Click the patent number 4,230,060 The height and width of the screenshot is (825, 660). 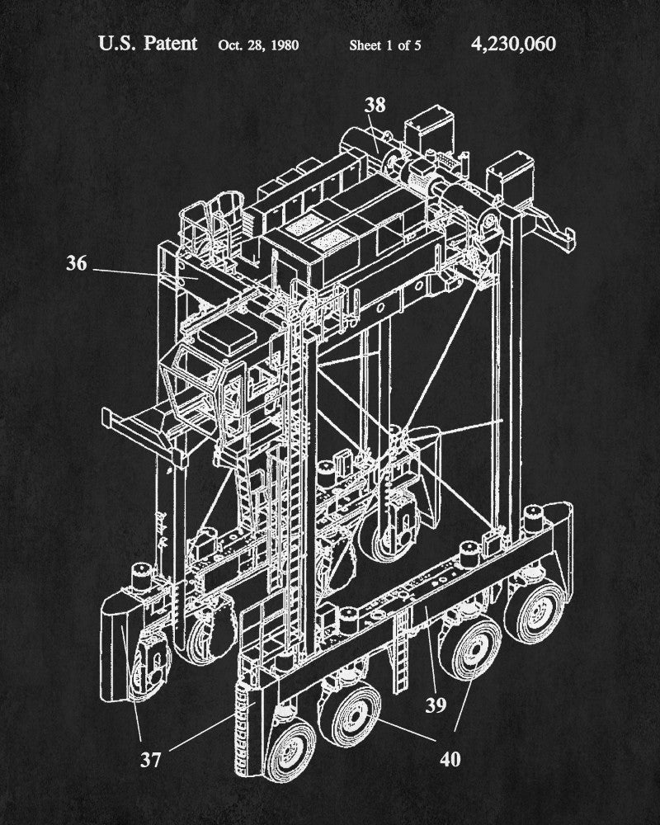513,44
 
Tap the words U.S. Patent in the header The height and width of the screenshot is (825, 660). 148,43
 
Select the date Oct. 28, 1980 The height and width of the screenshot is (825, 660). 258,45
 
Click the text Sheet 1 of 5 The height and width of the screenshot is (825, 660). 385,45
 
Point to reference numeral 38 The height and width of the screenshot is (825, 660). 375,105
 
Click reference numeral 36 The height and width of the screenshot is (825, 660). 77,263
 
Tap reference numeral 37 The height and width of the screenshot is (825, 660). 150,760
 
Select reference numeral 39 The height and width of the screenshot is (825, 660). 436,705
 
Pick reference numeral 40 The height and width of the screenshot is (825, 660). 450,759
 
